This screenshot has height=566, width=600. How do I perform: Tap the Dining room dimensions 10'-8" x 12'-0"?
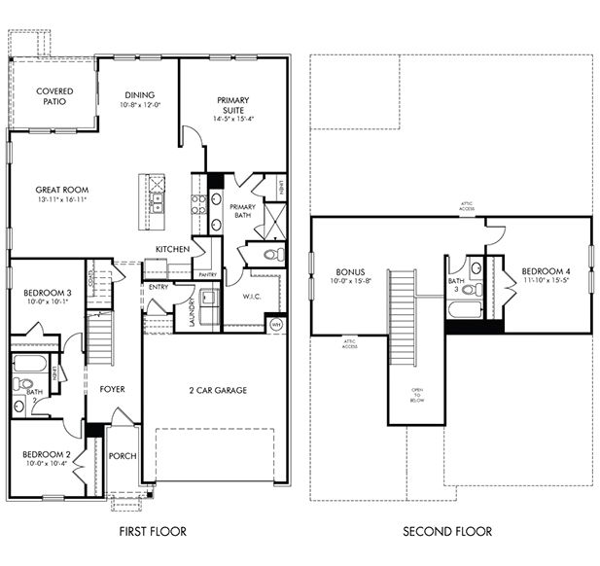140,105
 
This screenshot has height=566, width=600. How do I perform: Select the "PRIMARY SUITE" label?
232,106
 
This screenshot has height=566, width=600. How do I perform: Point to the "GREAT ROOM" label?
61,191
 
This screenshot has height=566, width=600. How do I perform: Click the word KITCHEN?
173,250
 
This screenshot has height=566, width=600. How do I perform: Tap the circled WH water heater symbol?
275,324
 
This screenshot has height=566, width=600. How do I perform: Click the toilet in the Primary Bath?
276,255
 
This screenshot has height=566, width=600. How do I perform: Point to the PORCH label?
123,456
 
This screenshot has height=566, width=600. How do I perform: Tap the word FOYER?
113,389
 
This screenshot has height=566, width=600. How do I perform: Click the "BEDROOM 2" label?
47,454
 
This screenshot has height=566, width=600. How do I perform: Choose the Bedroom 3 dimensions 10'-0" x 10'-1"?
48,301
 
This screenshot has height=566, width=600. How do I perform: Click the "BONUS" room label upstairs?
349,272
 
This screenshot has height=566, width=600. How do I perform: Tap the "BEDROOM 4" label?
544,271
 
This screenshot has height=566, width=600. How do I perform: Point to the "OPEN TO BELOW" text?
416,395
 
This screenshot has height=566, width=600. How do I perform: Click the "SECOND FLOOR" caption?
448,531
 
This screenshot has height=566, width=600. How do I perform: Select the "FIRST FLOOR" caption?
152,531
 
